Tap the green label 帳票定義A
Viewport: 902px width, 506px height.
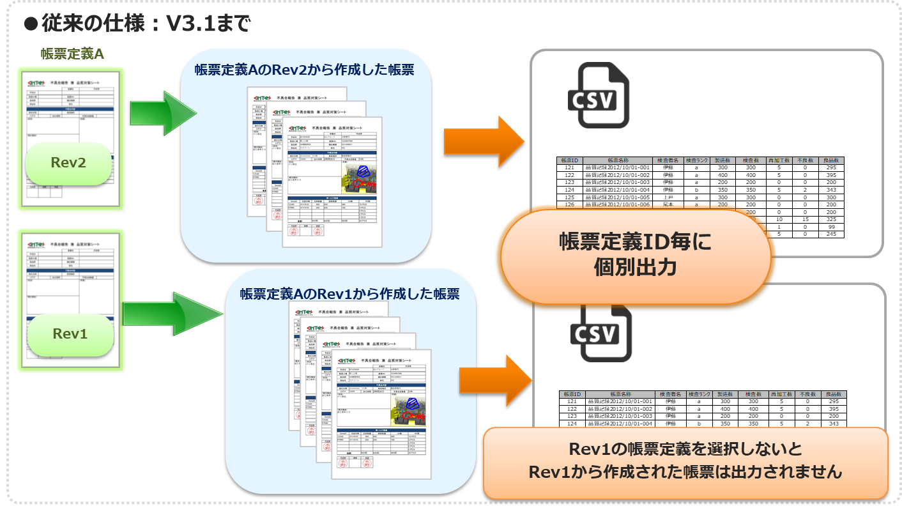(x=72, y=54)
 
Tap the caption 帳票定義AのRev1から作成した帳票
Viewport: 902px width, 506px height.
(x=349, y=294)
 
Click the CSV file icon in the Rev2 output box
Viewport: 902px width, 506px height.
(x=599, y=95)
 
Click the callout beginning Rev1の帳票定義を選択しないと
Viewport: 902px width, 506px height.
(x=685, y=462)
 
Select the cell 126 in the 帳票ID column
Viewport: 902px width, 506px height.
(x=570, y=205)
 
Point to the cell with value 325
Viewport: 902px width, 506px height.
(x=830, y=219)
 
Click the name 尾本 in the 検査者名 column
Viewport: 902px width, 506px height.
(x=668, y=205)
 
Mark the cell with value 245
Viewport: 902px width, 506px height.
(x=830, y=234)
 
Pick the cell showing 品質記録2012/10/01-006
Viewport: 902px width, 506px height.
(x=618, y=205)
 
